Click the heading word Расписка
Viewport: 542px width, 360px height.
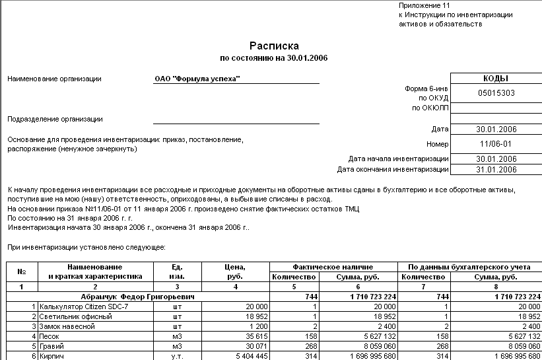pyautogui.click(x=274, y=46)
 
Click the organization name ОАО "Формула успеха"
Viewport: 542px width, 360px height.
pyautogui.click(x=197, y=79)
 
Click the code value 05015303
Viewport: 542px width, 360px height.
pyautogui.click(x=495, y=93)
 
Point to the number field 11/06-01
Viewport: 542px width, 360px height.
pyautogui.click(x=495, y=144)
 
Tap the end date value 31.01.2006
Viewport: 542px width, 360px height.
pyautogui.click(x=495, y=169)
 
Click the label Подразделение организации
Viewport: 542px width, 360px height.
pyautogui.click(x=55, y=120)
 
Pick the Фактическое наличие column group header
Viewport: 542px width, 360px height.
pyautogui.click(x=333, y=267)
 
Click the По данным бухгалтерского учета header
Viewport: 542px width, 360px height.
pyautogui.click(x=470, y=267)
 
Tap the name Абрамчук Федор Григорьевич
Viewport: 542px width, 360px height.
pyautogui.click(x=138, y=297)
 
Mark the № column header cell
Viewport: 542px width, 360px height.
pyautogui.click(x=22, y=271)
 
